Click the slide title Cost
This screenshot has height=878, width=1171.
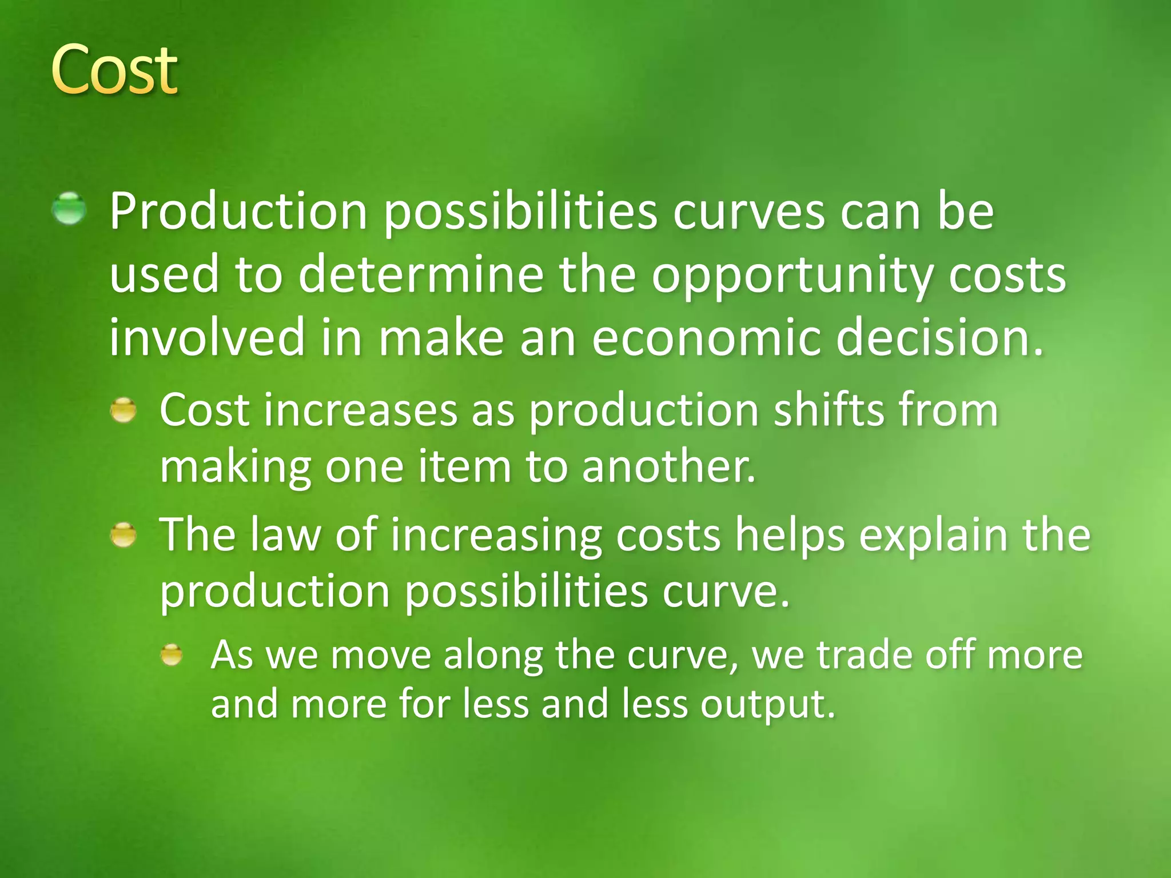pos(114,70)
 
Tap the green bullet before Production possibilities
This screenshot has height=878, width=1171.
pos(69,208)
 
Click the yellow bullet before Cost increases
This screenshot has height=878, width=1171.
pos(124,410)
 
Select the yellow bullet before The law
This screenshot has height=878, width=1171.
pos(124,535)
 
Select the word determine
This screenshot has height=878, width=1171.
pos(420,274)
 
